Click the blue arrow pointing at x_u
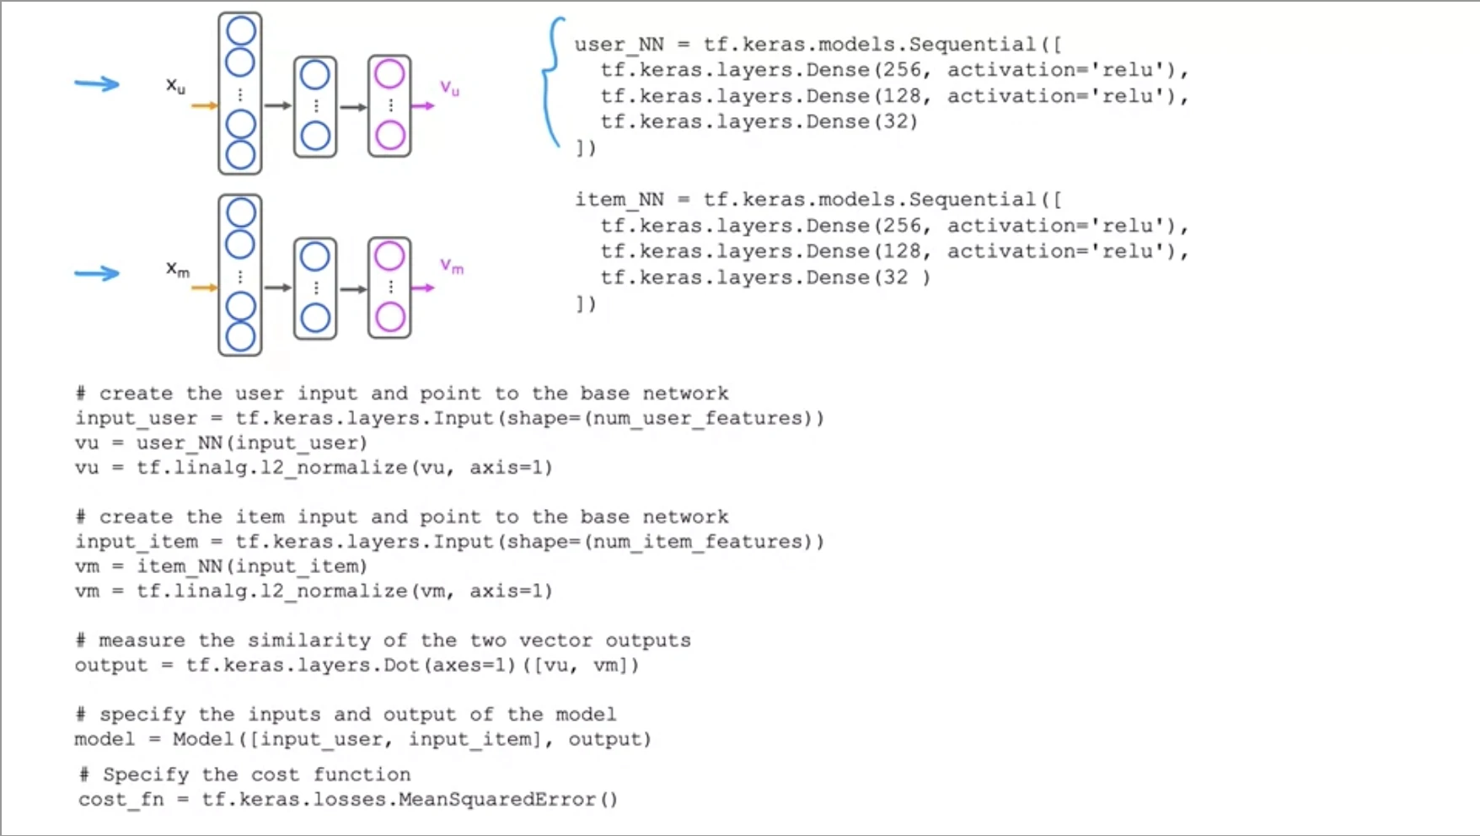tap(97, 83)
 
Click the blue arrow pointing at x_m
tap(97, 273)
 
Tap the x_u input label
tap(175, 86)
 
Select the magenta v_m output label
tap(452, 267)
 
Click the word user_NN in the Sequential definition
tap(619, 45)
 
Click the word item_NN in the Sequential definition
tap(619, 200)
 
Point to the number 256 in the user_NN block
tap(902, 70)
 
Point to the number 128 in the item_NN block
tap(902, 251)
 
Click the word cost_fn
tap(121, 799)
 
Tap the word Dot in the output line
tap(402, 665)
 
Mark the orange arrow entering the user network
tap(204, 106)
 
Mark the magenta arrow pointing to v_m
tap(423, 288)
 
